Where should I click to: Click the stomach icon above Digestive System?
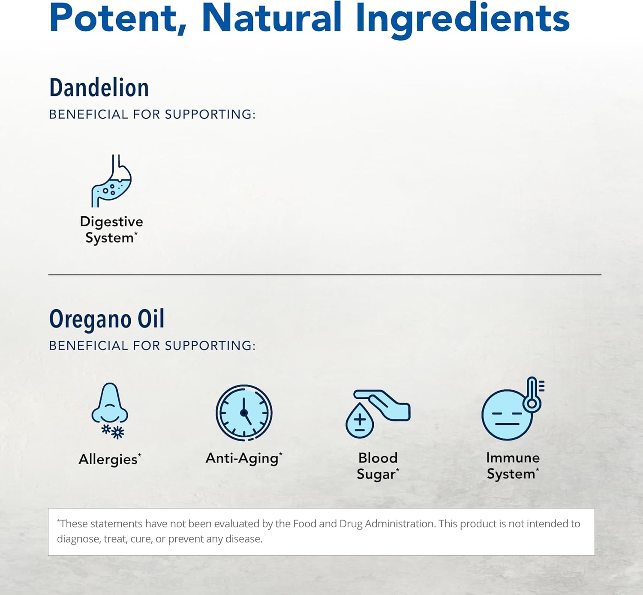(111, 181)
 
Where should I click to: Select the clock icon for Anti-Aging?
(244, 413)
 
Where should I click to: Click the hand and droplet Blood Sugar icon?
(378, 413)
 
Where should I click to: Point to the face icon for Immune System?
(507, 415)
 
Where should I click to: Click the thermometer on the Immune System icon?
(532, 394)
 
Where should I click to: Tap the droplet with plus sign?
(360, 421)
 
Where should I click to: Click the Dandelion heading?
(99, 88)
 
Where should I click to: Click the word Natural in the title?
(271, 18)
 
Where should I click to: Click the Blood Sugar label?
(378, 466)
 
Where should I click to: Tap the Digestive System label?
(111, 230)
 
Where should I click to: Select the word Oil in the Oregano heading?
(151, 320)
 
